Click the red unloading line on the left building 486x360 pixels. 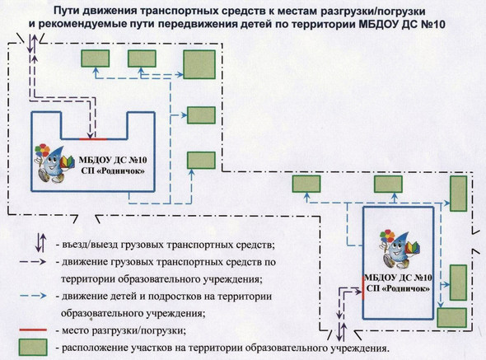coord(93,139)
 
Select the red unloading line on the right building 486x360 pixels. coord(363,288)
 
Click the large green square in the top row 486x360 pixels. coord(199,64)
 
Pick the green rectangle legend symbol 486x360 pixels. coord(33,347)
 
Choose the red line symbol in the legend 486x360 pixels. coord(33,330)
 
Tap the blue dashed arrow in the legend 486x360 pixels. coord(33,296)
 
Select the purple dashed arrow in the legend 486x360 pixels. coord(33,262)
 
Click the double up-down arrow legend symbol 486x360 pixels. coord(40,242)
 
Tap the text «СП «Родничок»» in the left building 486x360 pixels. coord(113,171)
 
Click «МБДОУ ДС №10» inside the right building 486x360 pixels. coord(398,278)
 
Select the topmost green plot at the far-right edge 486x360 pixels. coord(459,194)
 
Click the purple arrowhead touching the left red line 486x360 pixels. coord(90,136)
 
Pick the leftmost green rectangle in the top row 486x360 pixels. coord(96,58)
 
